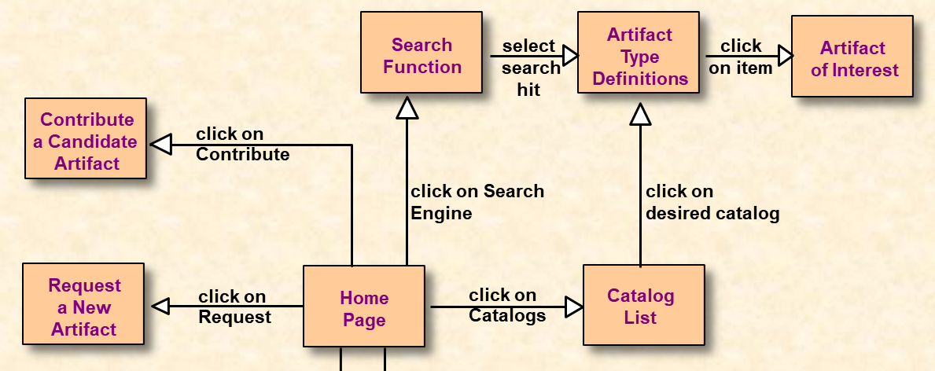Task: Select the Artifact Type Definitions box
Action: click(639, 54)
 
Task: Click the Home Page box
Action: click(364, 307)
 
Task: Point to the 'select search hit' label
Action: click(531, 68)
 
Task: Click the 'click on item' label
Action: click(740, 57)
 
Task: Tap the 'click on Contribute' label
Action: click(242, 144)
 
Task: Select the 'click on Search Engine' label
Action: click(477, 202)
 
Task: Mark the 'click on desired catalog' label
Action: click(712, 202)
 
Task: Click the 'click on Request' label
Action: click(234, 307)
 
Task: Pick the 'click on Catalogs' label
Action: click(506, 305)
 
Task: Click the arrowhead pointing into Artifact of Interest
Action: click(785, 55)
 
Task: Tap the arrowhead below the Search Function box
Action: click(407, 107)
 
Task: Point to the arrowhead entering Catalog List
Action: click(574, 307)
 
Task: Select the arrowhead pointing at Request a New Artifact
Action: click(160, 306)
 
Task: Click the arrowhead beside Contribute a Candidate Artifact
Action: click(161, 144)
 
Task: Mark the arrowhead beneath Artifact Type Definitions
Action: click(641, 115)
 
